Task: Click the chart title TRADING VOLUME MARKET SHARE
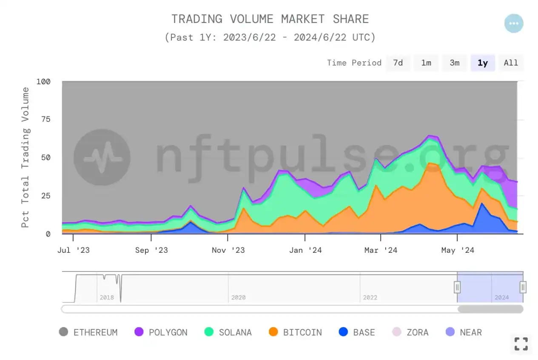(x=270, y=19)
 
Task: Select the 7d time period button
(x=398, y=63)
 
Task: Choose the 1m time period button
(x=426, y=63)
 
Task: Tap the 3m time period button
(x=455, y=63)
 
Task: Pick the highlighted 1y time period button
(x=483, y=63)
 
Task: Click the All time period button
(x=511, y=63)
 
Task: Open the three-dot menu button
(x=514, y=23)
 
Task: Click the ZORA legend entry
(x=410, y=332)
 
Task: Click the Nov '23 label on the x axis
(x=228, y=250)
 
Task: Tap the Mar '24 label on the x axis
(x=381, y=250)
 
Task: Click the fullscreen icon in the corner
(x=521, y=343)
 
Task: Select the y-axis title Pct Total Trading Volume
(x=26, y=157)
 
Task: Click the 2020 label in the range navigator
(x=238, y=297)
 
